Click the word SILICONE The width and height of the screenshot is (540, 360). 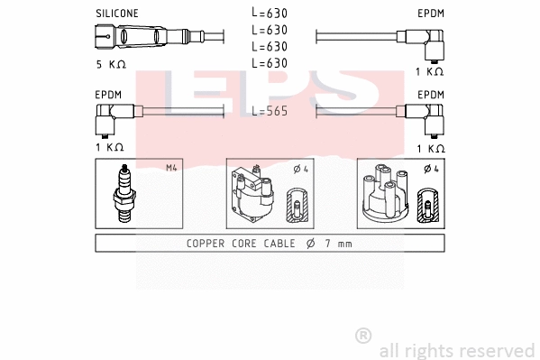tap(116, 14)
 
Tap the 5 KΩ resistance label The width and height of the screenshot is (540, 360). tap(113, 65)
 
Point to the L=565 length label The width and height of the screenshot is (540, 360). tap(270, 111)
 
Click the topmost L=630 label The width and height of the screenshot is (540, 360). tap(270, 14)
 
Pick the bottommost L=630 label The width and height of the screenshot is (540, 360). tap(270, 62)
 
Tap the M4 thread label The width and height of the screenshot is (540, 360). tap(171, 169)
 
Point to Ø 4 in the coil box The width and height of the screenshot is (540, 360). tap(302, 169)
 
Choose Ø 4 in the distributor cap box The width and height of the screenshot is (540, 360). tap(432, 169)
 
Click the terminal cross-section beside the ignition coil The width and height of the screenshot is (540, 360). tap(296, 208)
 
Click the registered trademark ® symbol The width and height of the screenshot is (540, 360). tap(363, 336)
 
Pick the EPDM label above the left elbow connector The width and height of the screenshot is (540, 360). tap(108, 94)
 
